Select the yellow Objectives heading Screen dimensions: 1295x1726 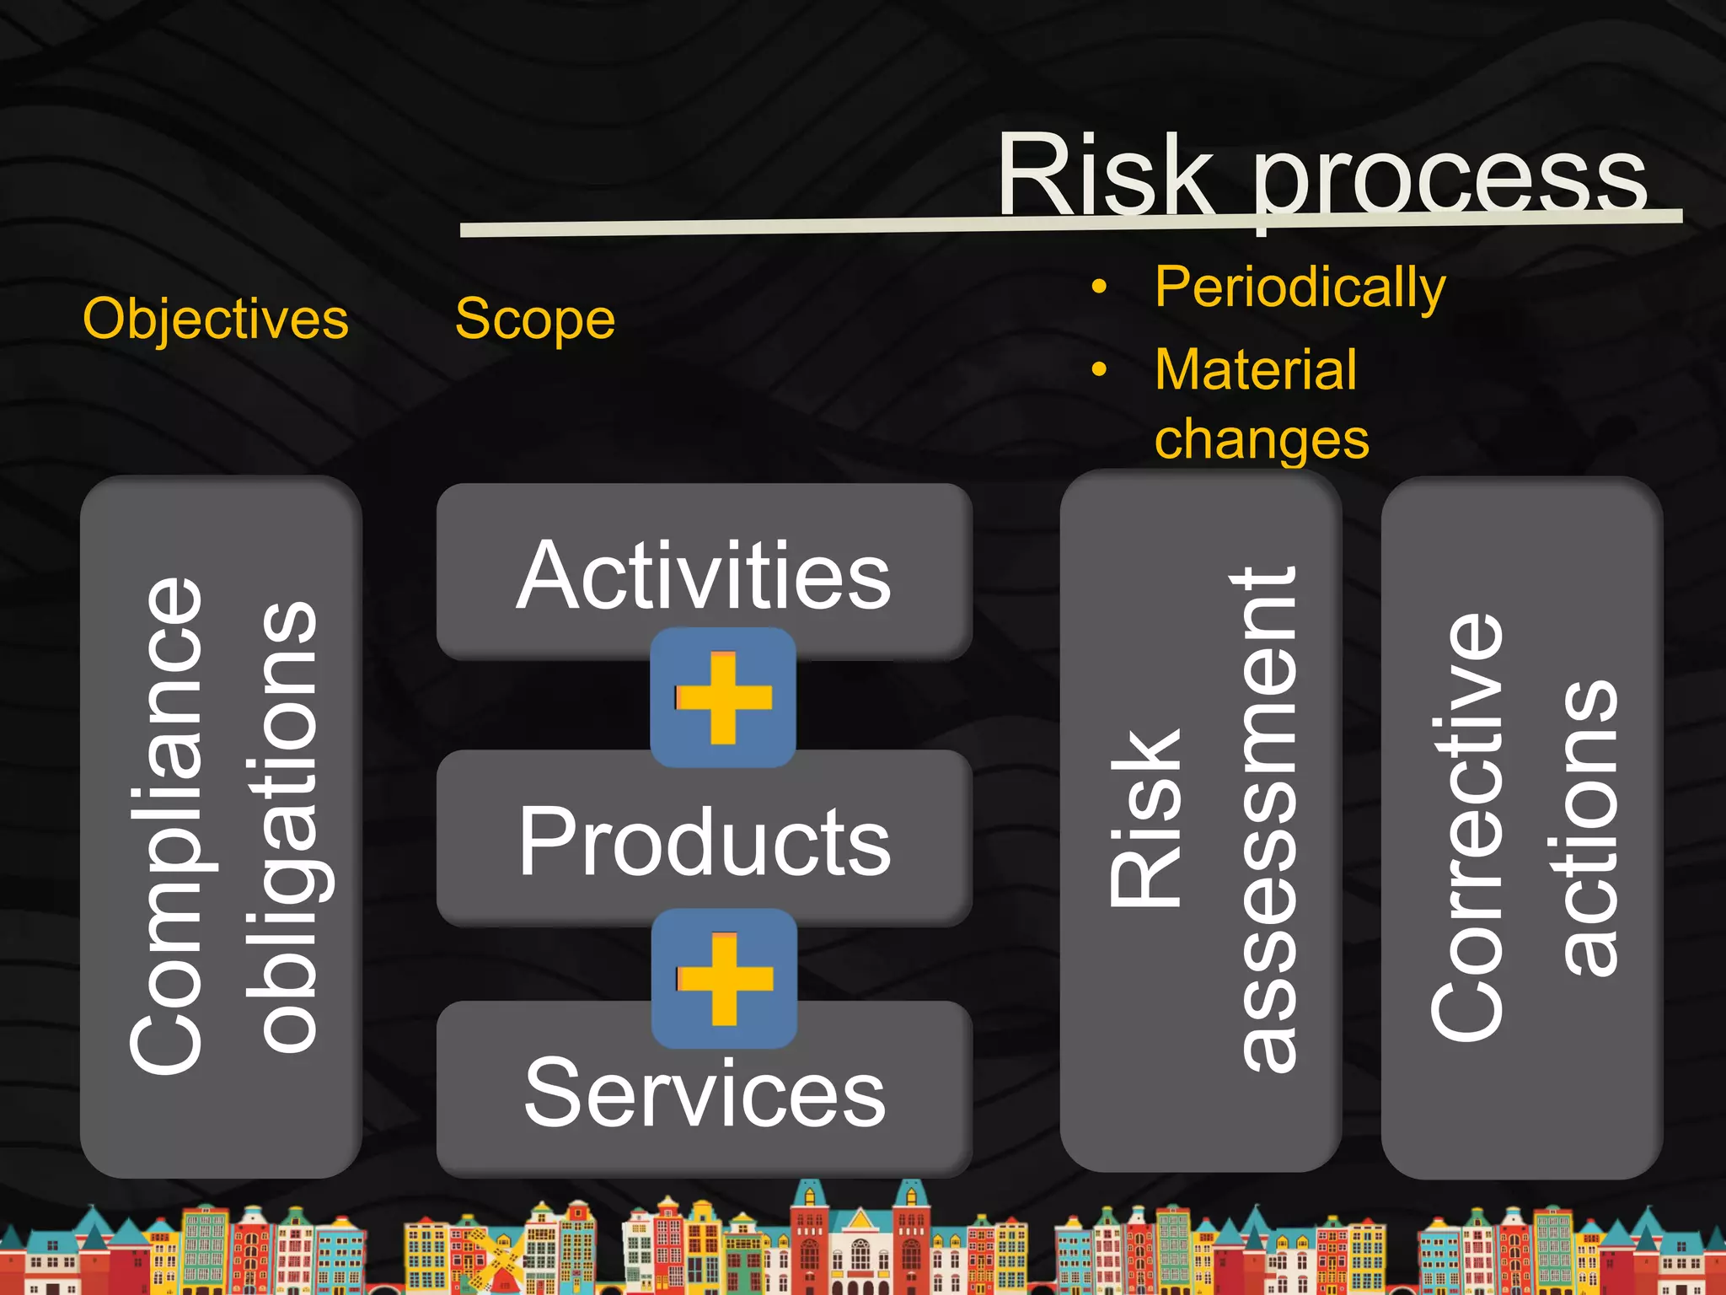(x=216, y=320)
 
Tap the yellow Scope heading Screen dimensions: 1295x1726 (x=534, y=320)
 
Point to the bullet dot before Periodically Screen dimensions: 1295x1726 (x=1099, y=287)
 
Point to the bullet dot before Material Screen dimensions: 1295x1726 (x=1099, y=369)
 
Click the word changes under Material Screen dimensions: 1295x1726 (x=1261, y=440)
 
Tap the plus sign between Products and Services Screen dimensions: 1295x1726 (x=724, y=979)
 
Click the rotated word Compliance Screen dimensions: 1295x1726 (x=169, y=826)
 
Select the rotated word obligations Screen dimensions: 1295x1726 (x=287, y=826)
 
